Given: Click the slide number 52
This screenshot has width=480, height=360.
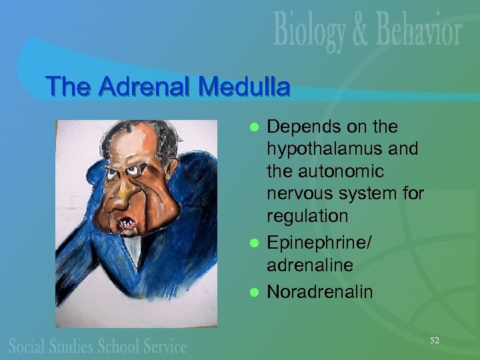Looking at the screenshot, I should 435,341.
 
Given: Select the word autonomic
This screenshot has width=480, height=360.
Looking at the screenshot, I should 349,171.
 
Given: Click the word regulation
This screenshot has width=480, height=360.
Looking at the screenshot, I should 307,216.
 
